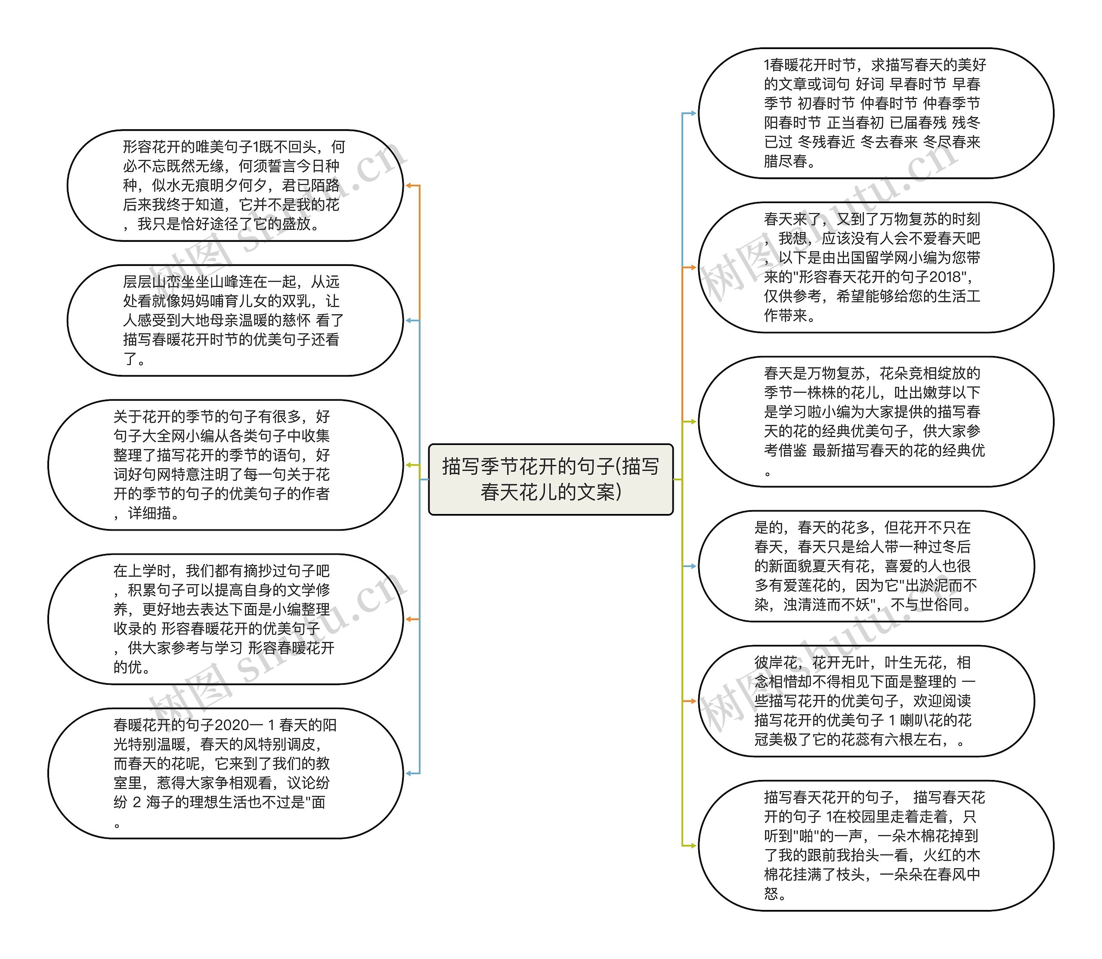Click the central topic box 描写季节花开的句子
(550, 479)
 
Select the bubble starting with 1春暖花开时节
(875, 113)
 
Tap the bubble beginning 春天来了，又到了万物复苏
(875, 267)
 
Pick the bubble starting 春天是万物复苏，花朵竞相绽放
(875, 421)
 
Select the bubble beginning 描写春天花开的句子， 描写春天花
(875, 845)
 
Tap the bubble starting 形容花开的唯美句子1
(235, 185)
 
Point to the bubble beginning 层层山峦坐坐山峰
(235, 320)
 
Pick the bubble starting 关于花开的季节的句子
(225, 464)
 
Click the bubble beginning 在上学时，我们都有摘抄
(225, 619)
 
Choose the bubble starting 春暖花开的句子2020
(225, 773)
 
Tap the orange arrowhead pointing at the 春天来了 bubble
(693, 267)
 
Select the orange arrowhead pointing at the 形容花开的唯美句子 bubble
(409, 186)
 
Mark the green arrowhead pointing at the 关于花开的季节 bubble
(409, 465)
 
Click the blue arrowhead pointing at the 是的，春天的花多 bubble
(693, 566)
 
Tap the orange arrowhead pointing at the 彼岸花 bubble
(693, 700)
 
